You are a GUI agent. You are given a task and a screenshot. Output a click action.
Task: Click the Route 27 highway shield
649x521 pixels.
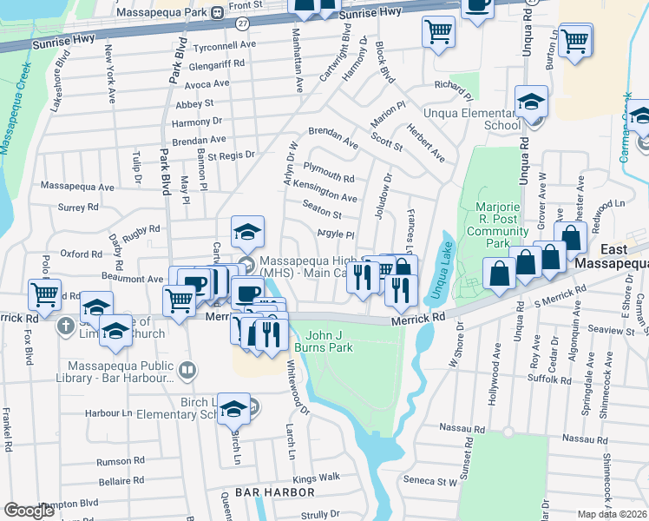242,23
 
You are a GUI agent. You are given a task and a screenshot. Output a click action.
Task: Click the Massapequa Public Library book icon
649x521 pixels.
186,372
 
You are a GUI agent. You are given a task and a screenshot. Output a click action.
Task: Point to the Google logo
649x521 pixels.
29,511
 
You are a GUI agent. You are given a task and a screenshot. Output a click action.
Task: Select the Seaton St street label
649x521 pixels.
322,214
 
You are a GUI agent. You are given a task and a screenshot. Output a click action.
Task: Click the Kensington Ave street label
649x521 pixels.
325,190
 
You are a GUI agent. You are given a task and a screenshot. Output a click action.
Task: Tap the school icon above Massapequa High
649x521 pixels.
247,232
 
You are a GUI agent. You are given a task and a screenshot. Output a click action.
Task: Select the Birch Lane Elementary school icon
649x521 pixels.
234,409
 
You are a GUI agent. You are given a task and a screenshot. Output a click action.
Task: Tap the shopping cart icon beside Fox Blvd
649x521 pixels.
44,293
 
